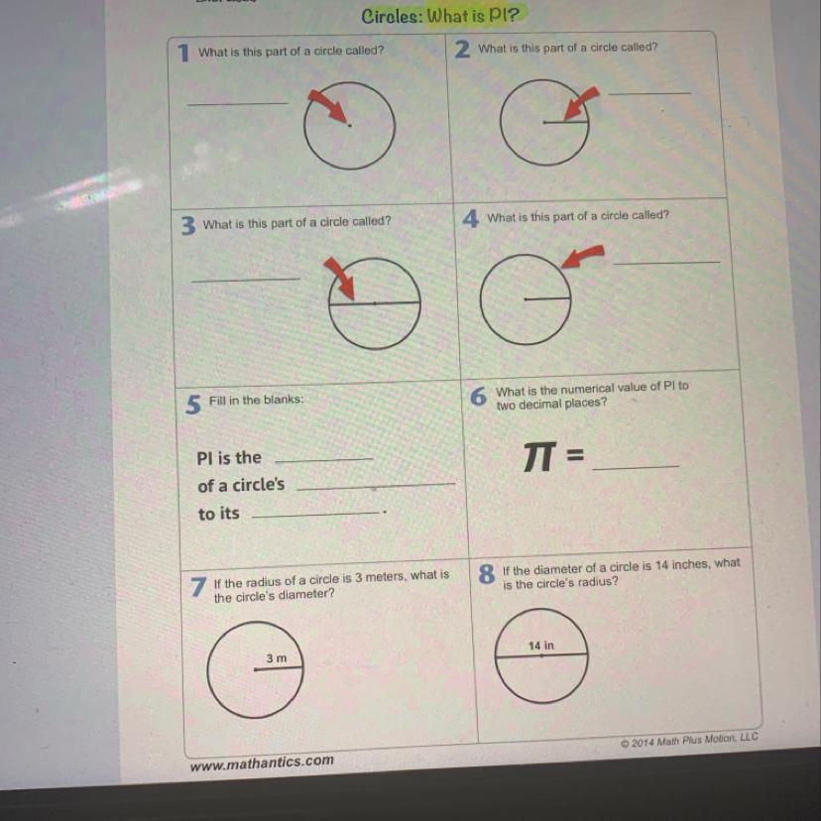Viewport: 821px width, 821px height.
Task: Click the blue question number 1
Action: [182, 53]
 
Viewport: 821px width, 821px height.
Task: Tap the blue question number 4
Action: [470, 218]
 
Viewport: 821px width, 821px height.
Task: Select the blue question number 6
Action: [478, 397]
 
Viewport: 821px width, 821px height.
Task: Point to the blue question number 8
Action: [487, 574]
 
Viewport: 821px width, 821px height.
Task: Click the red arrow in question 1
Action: [328, 106]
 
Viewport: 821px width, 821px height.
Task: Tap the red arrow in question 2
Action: [581, 104]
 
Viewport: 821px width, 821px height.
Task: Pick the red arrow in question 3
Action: [339, 279]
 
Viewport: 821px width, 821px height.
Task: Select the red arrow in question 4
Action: [582, 257]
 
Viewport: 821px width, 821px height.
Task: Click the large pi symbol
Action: [539, 456]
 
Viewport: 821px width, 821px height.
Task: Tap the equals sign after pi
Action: [575, 455]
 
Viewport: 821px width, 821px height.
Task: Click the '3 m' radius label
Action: [277, 658]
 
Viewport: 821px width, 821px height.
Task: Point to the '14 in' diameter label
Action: [540, 645]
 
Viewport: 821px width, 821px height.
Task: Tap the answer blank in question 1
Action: [238, 103]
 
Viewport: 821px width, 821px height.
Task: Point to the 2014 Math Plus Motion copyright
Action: [689, 741]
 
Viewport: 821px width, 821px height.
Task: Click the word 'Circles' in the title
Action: [392, 16]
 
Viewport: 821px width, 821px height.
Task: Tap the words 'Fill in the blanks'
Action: [256, 400]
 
